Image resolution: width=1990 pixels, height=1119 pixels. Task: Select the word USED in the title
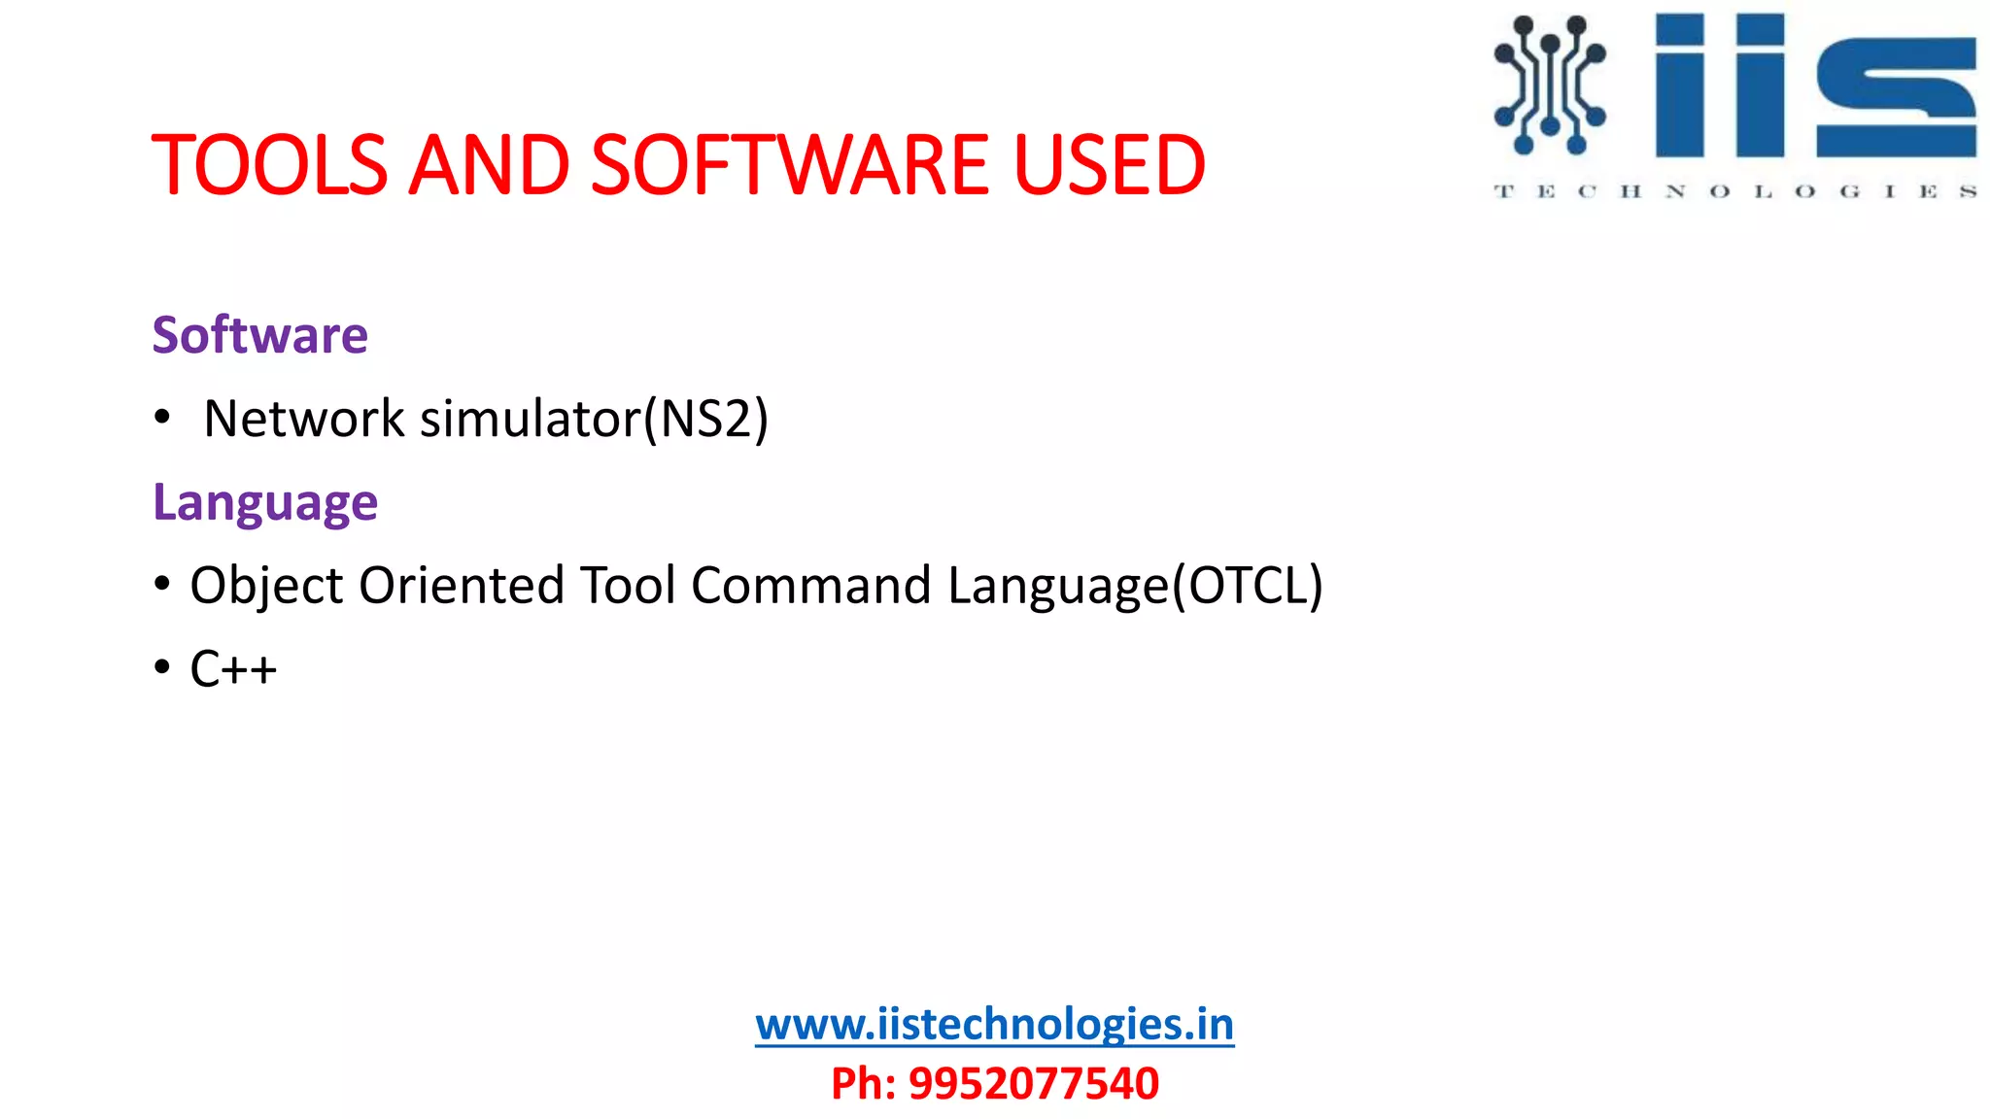pos(1108,165)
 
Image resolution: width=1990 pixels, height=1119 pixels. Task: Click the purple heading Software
pos(260,335)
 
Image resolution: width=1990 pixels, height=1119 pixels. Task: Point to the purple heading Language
pos(265,503)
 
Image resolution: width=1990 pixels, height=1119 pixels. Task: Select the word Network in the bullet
pos(303,420)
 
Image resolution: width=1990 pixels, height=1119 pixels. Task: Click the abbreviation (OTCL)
pos(1248,586)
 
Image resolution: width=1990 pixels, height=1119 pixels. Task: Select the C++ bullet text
pos(233,669)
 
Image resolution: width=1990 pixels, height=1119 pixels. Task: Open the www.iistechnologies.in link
pos(994,1025)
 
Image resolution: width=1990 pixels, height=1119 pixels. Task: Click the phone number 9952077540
pos(1033,1083)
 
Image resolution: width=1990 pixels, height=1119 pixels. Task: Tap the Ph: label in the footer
pos(863,1083)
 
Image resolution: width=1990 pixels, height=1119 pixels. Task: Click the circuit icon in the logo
pos(1549,85)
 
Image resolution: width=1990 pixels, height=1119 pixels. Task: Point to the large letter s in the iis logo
pos(1896,97)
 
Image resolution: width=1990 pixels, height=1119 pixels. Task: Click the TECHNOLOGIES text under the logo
pos(1734,191)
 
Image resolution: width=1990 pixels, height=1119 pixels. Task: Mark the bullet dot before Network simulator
pos(162,418)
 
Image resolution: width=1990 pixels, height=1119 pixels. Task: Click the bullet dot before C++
pos(162,668)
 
